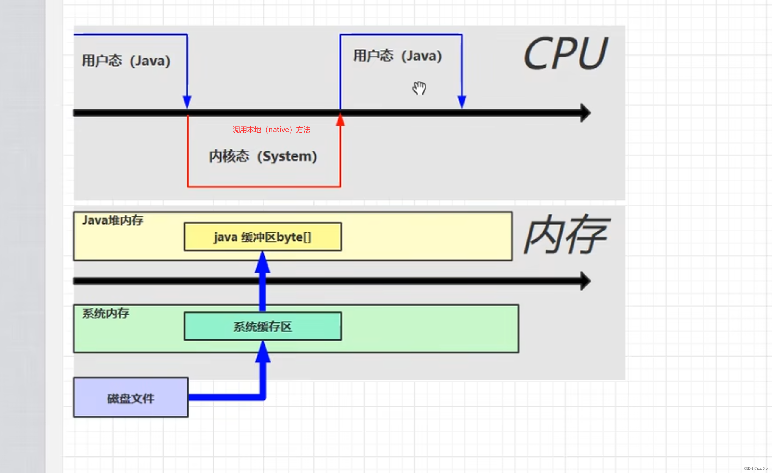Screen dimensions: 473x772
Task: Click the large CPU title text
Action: (x=566, y=53)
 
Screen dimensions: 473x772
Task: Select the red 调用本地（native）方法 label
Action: (x=271, y=130)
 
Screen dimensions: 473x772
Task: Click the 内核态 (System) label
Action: (x=263, y=156)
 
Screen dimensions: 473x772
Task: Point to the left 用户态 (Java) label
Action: (x=126, y=61)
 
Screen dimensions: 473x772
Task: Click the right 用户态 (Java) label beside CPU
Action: (x=397, y=56)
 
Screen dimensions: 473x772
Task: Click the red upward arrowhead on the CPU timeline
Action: (x=340, y=120)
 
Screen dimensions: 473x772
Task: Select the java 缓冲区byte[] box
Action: (x=262, y=237)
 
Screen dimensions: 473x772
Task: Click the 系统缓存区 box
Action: (x=262, y=326)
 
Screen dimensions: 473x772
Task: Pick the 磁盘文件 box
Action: (x=131, y=397)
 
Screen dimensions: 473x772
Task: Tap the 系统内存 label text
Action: (x=105, y=313)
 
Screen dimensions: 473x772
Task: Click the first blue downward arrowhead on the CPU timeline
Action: (x=187, y=102)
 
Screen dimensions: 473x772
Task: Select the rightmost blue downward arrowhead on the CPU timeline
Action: (x=462, y=102)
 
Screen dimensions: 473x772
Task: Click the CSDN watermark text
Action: (x=755, y=469)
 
